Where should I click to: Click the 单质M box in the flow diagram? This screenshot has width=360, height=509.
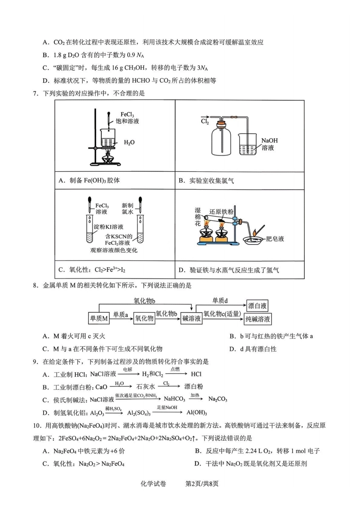click(99, 318)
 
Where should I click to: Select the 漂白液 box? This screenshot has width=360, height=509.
click(257, 305)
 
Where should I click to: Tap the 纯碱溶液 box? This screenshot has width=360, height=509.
click(258, 319)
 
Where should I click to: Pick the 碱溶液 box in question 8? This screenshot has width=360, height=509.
click(191, 318)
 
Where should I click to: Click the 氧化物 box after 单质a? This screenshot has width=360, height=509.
click(144, 318)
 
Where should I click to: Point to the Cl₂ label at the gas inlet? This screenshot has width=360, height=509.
click(205, 121)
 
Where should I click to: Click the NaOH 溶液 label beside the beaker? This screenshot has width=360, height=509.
click(269, 144)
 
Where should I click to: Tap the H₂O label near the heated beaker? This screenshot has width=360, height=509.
click(129, 143)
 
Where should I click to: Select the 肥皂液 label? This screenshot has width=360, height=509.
click(275, 239)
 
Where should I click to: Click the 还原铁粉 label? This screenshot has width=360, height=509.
click(221, 211)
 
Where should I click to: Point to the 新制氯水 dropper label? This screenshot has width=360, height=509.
click(128, 208)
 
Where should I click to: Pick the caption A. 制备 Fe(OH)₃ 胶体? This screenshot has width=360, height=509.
click(89, 180)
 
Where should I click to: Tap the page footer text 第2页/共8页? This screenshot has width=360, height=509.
click(202, 484)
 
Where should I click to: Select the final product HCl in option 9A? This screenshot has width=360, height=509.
click(196, 374)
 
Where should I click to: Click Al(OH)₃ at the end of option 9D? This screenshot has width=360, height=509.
click(197, 413)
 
